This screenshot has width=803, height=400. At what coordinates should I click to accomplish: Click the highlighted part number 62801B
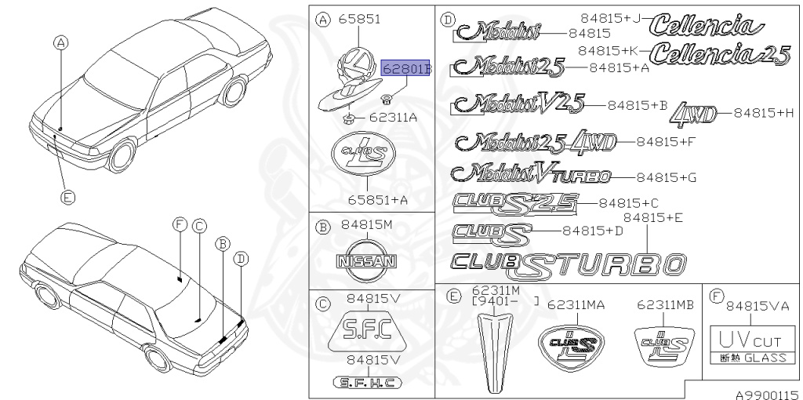(406, 69)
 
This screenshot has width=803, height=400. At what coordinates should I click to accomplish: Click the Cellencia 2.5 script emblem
(720, 54)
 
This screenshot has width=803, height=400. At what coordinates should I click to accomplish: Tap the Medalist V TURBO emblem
(540, 174)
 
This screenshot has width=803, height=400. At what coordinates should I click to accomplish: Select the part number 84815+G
(666, 178)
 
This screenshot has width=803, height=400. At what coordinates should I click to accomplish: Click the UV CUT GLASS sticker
(747, 346)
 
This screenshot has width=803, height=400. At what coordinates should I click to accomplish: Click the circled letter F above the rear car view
(180, 225)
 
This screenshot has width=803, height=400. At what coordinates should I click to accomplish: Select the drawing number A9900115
(766, 395)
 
